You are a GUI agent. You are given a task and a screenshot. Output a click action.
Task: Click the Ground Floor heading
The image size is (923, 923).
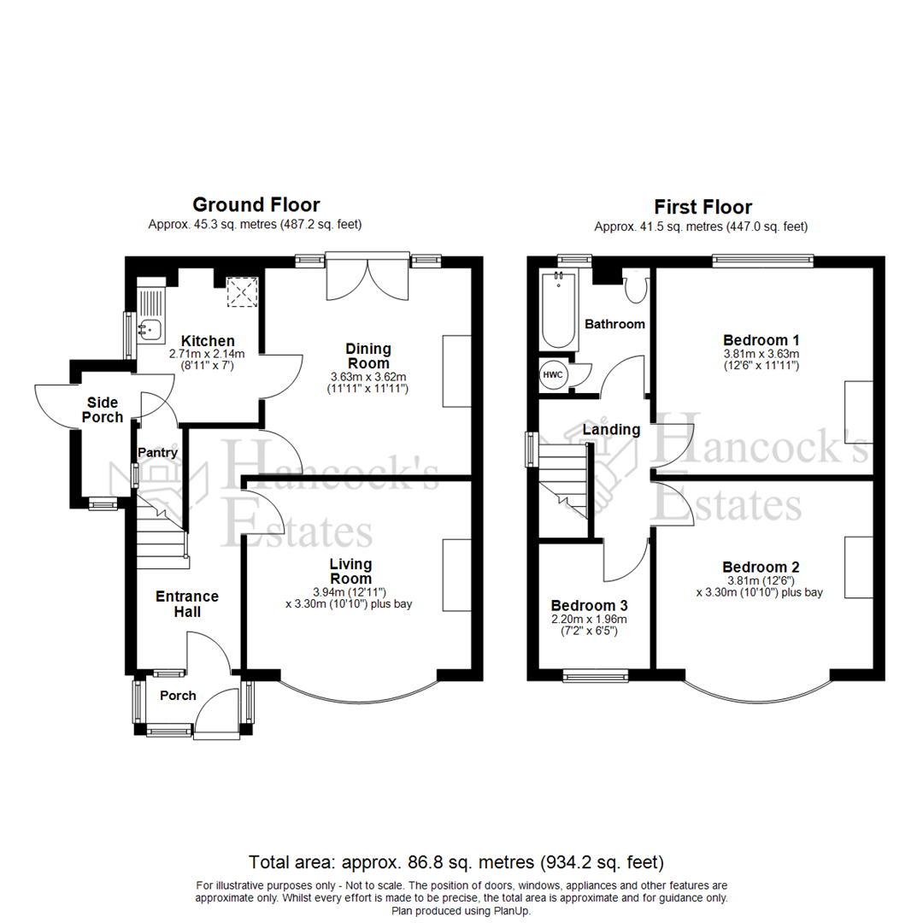click(x=256, y=205)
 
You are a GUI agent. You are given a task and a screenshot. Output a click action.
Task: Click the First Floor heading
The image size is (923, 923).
click(x=703, y=207)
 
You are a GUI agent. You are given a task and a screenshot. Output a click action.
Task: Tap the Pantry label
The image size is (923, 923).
click(x=157, y=452)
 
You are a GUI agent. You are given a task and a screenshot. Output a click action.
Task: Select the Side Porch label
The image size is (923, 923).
click(x=103, y=409)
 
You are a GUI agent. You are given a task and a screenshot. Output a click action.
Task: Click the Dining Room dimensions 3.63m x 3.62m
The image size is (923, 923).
click(x=368, y=377)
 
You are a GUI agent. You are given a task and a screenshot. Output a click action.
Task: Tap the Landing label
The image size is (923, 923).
click(x=611, y=429)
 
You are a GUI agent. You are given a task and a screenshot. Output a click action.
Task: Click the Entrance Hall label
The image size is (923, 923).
click(x=186, y=603)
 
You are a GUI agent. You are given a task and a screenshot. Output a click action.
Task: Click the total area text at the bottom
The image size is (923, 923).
click(x=456, y=861)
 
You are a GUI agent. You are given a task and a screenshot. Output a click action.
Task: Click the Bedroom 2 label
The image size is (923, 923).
click(x=761, y=567)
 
